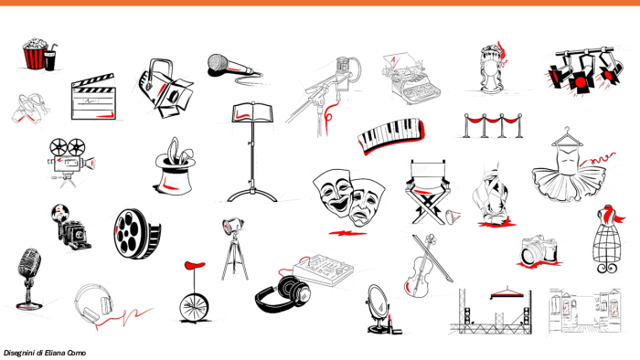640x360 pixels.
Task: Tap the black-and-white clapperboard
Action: (x=93, y=98)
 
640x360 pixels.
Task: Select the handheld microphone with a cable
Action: (x=232, y=67)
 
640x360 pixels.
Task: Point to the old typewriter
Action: (x=411, y=78)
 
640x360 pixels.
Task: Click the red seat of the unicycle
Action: (x=195, y=265)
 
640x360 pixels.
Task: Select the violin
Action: (x=422, y=267)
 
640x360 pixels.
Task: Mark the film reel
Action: (x=137, y=234)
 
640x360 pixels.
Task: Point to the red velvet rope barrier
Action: (x=493, y=125)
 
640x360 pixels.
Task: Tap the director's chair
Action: (x=428, y=191)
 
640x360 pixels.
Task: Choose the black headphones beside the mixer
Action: (x=283, y=294)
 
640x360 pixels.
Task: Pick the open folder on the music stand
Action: (x=252, y=112)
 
